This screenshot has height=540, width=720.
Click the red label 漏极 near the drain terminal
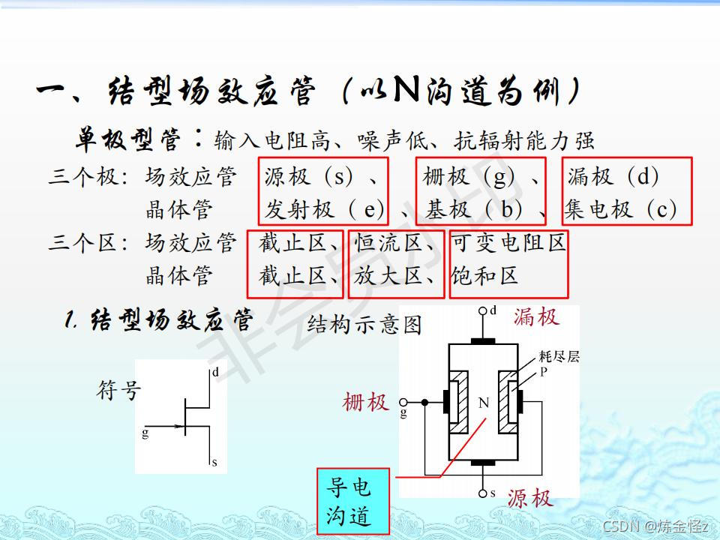(536, 316)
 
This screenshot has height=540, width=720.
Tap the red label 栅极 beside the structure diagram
(365, 403)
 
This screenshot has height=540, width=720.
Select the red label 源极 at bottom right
(529, 498)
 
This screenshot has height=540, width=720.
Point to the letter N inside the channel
(483, 403)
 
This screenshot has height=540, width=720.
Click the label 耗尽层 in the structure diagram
(559, 357)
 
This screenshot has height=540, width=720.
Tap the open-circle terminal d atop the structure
(483, 310)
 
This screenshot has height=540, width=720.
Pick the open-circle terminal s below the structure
(483, 493)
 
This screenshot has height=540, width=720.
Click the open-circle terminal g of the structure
(404, 402)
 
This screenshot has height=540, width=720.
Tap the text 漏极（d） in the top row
(613, 177)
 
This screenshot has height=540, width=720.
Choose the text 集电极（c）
(621, 209)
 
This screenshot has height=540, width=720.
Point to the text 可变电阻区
(508, 243)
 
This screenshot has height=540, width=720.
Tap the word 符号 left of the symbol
(118, 390)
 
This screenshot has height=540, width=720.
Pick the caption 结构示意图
(364, 325)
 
